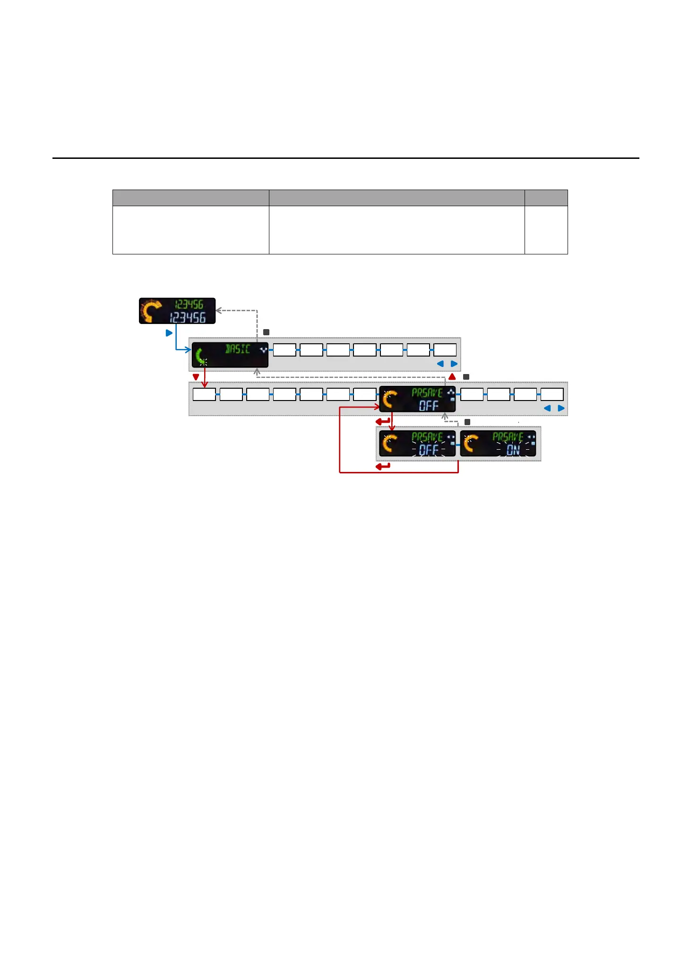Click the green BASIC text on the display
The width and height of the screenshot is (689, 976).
tap(237, 349)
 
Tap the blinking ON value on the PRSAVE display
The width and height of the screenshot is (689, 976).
tap(513, 450)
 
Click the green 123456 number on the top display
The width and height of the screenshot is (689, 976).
tap(189, 305)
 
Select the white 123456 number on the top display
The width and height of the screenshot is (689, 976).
tap(188, 317)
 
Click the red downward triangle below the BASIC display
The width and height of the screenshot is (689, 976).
tap(196, 377)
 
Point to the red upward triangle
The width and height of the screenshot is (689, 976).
tap(452, 377)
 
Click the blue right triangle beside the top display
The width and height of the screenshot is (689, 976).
tap(169, 333)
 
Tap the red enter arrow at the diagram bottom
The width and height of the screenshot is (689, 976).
tap(383, 466)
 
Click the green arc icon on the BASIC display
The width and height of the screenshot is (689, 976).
tap(201, 356)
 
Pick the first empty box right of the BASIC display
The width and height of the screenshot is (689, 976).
tap(284, 350)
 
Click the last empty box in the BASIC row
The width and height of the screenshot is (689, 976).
tap(445, 350)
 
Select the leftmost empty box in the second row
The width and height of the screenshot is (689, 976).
tap(204, 394)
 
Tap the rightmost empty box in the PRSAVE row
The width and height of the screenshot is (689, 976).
tap(552, 394)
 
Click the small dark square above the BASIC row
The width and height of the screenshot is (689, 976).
tap(266, 332)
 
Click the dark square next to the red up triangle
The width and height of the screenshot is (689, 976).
tap(466, 377)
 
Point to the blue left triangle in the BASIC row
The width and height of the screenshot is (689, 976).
tap(440, 364)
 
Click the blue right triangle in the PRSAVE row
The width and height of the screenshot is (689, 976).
tap(561, 408)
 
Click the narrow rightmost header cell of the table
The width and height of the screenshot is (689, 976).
tap(546, 198)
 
